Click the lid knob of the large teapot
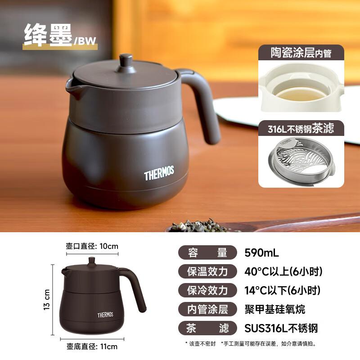[x=126, y=60]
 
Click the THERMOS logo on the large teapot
[x=159, y=173]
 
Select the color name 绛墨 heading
[x=48, y=35]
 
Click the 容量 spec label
[x=207, y=252]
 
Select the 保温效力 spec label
[x=207, y=271]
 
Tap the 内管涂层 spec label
[x=207, y=309]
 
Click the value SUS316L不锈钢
[x=281, y=328]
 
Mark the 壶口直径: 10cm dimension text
[x=92, y=246]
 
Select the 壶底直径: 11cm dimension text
[x=92, y=346]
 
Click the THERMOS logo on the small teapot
[x=105, y=315]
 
